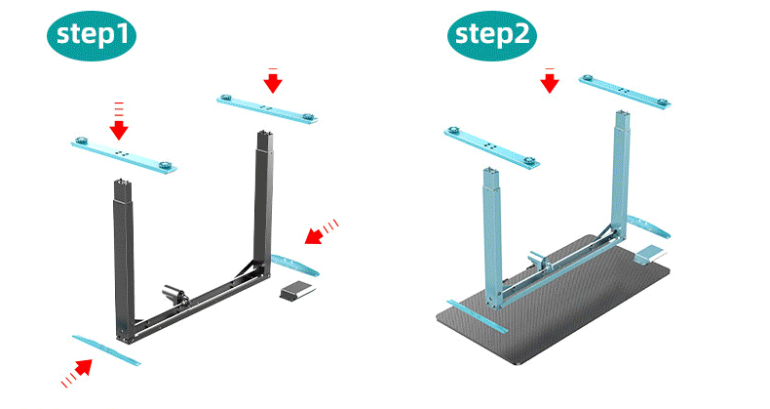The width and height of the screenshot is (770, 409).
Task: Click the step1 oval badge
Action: tap(92, 36)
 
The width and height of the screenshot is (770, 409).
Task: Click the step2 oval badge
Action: tap(492, 36)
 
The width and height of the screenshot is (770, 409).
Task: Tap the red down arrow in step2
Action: tap(550, 81)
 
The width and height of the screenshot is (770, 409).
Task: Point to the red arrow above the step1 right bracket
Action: tap(273, 80)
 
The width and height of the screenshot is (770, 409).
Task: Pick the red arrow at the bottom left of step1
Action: tap(77, 373)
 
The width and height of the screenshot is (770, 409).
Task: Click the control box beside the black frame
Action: tap(297, 290)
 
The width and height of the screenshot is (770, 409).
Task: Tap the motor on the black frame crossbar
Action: tap(175, 296)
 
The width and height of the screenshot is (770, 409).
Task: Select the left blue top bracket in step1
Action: tap(124, 154)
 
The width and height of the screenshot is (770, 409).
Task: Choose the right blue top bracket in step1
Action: tap(267, 109)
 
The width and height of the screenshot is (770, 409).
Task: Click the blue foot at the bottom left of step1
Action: tap(106, 350)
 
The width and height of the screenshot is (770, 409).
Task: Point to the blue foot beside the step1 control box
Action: tap(294, 265)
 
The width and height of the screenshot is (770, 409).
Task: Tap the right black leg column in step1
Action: tap(264, 201)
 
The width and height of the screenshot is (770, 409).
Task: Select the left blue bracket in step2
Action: tap(492, 147)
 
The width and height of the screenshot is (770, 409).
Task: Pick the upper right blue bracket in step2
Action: tap(625, 92)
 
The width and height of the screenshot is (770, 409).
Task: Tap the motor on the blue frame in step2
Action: tap(539, 260)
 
